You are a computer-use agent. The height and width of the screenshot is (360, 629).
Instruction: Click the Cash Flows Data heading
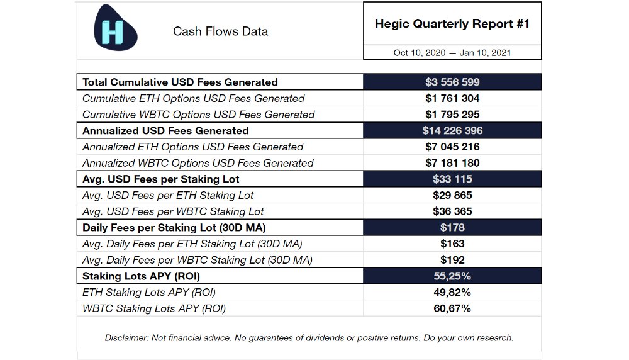coord(220,31)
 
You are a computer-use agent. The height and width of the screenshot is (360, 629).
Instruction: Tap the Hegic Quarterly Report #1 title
coord(452,24)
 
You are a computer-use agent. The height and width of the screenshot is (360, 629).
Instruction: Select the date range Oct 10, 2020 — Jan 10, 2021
coord(452,53)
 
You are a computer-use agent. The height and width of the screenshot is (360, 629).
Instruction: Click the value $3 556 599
coord(452,82)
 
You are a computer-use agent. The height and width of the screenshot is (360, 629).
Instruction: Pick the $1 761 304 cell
coord(452,98)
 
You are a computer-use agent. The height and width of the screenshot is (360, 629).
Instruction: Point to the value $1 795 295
coord(452,115)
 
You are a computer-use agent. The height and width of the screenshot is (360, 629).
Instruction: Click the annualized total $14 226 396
coord(452,131)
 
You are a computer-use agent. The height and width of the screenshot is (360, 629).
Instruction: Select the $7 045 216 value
coord(452,147)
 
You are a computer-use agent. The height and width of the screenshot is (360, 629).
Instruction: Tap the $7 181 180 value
coord(452,163)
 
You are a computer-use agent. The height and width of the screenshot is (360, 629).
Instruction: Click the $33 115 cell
coord(452,179)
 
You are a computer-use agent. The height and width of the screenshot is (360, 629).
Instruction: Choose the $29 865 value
coord(452,195)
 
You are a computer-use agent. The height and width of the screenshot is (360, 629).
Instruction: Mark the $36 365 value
coord(452,211)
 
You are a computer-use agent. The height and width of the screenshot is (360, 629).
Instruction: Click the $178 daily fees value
coord(452,228)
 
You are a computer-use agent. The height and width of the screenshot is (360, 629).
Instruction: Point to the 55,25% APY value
coord(452,276)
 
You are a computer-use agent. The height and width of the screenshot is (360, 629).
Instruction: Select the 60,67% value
coord(452,308)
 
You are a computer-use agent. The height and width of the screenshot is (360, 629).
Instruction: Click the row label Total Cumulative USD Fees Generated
coord(180,82)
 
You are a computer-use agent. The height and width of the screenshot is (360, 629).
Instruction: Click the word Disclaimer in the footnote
coord(126,338)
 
